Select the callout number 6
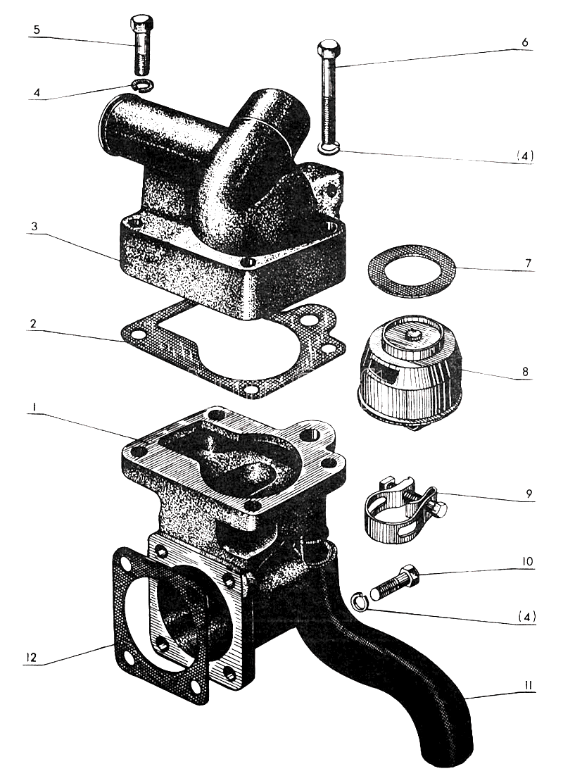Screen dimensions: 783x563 tap(524, 42)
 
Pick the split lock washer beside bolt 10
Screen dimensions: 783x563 tap(360, 601)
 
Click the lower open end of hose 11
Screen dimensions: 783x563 tap(447, 757)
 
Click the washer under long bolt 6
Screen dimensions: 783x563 tap(329, 148)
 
